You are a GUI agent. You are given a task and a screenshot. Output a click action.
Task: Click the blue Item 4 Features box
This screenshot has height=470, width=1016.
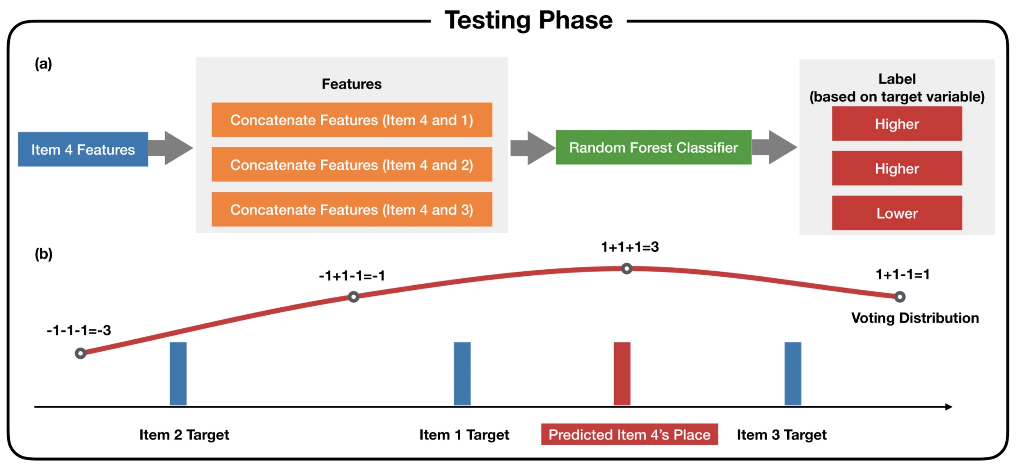tap(83, 149)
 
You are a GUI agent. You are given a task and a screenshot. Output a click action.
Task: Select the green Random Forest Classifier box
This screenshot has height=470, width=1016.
tap(653, 147)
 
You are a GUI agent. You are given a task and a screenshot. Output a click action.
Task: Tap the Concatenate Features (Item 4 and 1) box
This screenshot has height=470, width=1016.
tap(352, 120)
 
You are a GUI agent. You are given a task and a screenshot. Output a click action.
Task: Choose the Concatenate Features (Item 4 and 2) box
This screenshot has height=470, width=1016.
tap(352, 165)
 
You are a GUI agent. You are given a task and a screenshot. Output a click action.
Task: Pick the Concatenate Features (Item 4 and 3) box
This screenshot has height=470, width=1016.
tap(352, 209)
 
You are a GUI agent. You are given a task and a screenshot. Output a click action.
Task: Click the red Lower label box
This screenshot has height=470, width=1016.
tap(897, 213)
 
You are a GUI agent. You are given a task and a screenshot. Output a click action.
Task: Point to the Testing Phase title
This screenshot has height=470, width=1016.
tap(529, 20)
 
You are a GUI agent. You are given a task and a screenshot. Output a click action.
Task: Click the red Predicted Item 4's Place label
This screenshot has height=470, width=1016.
tap(629, 434)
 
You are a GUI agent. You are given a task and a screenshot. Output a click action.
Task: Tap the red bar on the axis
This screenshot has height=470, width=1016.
tap(622, 374)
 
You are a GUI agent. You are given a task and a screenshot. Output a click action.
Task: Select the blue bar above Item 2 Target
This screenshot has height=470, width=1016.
tap(178, 374)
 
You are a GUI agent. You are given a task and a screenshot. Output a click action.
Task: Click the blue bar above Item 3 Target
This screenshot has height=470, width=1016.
tap(793, 374)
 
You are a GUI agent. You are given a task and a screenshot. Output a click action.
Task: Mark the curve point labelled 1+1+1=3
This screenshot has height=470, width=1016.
tap(627, 269)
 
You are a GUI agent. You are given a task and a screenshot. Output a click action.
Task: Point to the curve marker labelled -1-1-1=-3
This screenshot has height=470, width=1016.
tap(81, 353)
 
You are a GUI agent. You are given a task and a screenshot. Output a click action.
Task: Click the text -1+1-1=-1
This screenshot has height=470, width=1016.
tap(352, 275)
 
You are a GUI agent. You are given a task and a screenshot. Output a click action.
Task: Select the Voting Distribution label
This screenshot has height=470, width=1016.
tap(915, 318)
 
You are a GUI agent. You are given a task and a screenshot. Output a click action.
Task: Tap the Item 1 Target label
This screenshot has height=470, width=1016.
tap(464, 435)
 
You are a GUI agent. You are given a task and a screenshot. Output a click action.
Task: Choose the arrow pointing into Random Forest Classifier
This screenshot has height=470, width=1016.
tap(533, 148)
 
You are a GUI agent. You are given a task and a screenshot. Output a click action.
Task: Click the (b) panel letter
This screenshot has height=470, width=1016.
tap(44, 254)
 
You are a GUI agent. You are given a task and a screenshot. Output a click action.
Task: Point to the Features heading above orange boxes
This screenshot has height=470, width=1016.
tap(352, 84)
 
